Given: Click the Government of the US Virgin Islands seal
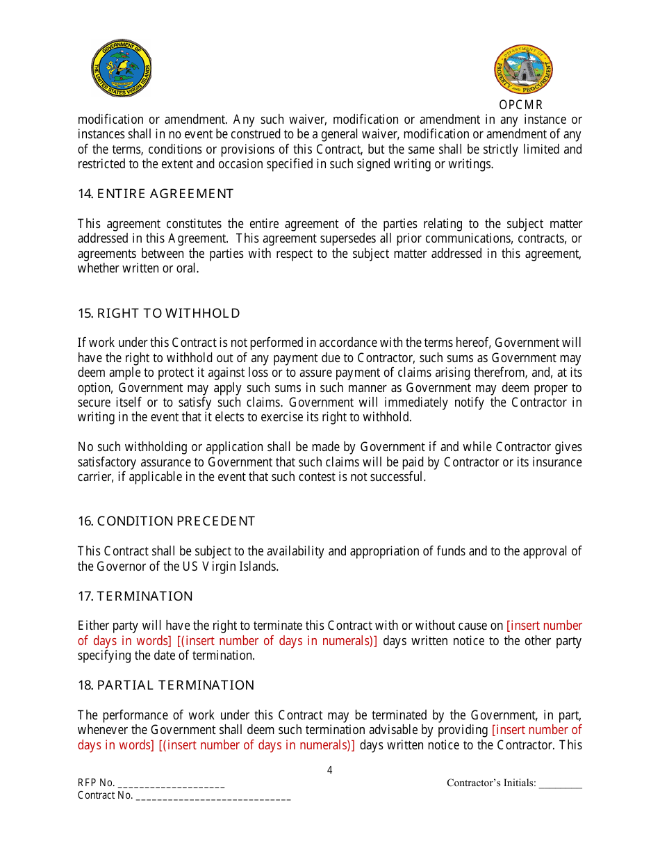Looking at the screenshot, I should click(x=122, y=68).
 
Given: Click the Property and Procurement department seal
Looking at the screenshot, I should click(x=523, y=70).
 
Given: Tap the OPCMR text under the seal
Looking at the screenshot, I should click(x=520, y=105).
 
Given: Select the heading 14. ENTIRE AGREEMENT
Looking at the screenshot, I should click(x=156, y=194).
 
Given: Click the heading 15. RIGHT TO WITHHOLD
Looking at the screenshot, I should click(x=158, y=313).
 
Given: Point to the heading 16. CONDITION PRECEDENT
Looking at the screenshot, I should click(x=166, y=521).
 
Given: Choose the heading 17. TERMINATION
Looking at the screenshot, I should click(x=135, y=596).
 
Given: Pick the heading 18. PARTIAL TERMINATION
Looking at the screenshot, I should click(x=166, y=685).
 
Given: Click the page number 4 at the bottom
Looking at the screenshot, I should click(x=329, y=770).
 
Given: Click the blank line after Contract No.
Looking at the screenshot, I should click(x=213, y=797).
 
